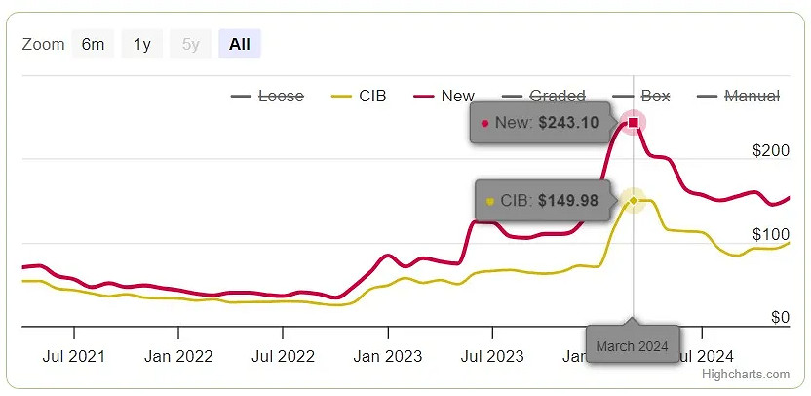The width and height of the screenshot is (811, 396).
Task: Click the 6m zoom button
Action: point(93,44)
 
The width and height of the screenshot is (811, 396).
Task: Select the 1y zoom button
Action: point(142,44)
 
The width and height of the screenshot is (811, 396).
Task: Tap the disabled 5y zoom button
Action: point(191,44)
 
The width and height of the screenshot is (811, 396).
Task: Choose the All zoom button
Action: point(240,44)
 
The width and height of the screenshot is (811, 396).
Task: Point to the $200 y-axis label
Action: point(770,150)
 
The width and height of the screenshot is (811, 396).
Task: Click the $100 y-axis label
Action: point(770,234)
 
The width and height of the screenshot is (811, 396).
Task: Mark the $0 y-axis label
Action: point(779,317)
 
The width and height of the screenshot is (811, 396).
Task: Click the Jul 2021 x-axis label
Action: point(75,356)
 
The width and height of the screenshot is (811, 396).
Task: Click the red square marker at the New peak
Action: point(634,122)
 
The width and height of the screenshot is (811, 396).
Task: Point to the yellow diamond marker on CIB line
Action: point(634,200)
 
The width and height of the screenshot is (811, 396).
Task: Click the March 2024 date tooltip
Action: point(632,346)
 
